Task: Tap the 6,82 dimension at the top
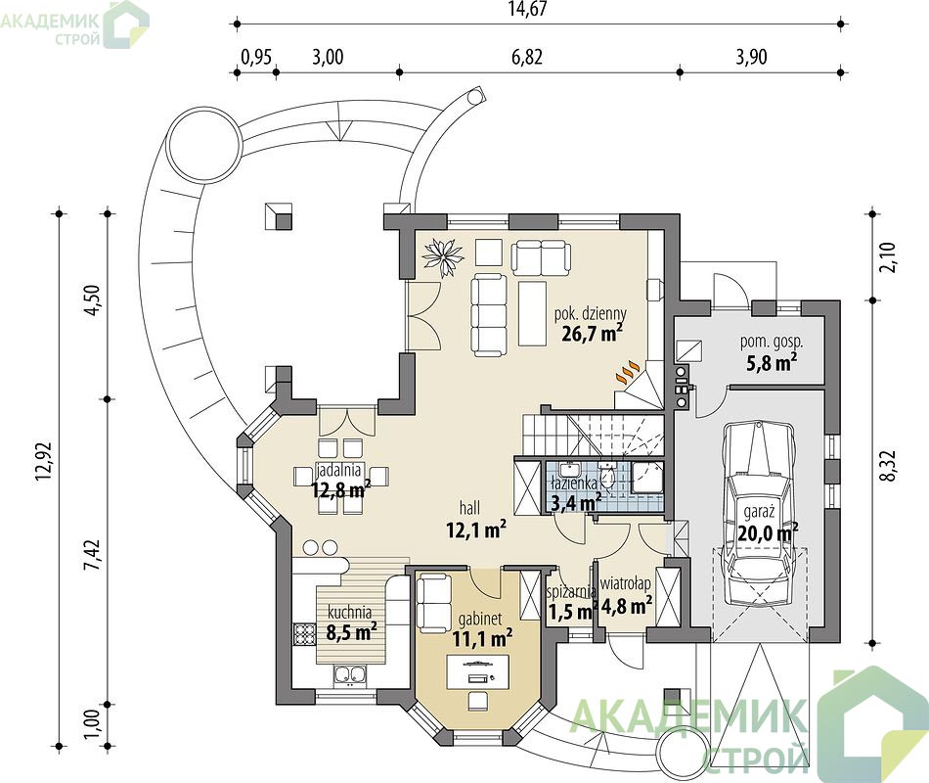(526, 57)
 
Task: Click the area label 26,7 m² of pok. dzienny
(592, 334)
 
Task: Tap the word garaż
(760, 511)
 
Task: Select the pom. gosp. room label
(772, 342)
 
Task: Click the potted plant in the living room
(442, 253)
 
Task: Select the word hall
(469, 508)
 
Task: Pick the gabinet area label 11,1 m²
(482, 639)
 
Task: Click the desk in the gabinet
(478, 672)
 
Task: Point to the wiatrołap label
(626, 584)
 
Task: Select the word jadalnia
(339, 471)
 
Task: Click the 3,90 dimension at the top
(751, 57)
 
